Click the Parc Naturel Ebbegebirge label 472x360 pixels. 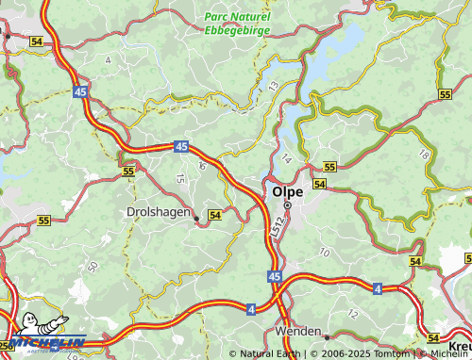(237, 23)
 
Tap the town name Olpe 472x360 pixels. (287, 191)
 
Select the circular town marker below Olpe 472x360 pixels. (287, 206)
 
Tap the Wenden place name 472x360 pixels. (295, 333)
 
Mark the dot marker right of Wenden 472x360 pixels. (325, 335)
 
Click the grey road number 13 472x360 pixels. (274, 86)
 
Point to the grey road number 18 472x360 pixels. (424, 155)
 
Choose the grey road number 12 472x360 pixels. (353, 312)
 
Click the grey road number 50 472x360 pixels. (92, 268)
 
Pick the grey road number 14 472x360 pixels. (286, 158)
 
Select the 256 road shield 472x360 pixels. (6, 346)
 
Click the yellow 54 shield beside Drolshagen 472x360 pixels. (215, 216)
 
